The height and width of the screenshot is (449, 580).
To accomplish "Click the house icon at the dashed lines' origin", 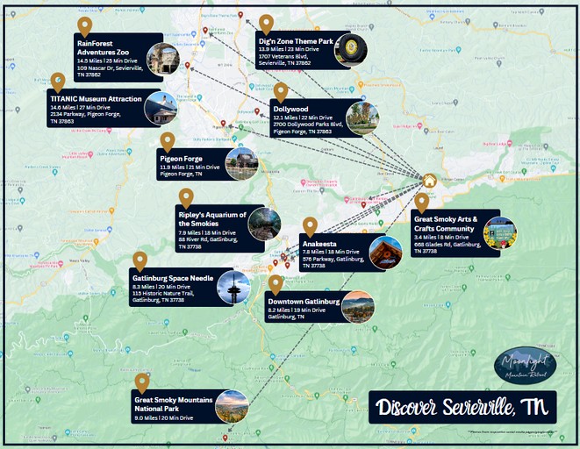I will tap(429, 181).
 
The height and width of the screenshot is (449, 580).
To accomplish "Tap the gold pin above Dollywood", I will tap(281, 91).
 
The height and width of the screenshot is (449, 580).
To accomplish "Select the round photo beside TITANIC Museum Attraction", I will tap(159, 108).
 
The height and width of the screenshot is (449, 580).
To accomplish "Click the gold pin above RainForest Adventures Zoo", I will tap(85, 25).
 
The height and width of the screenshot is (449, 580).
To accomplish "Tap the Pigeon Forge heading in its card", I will tap(182, 159).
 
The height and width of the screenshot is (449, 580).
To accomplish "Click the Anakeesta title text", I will tap(319, 243).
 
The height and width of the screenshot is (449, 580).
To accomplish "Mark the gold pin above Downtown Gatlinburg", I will tap(276, 284).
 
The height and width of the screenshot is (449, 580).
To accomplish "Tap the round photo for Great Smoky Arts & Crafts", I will tap(499, 233).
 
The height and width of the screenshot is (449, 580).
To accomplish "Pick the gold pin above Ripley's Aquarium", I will tap(186, 197).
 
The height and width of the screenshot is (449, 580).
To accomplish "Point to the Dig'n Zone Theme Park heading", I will tap(295, 41).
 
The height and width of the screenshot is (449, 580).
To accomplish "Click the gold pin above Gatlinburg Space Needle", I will tap(140, 260).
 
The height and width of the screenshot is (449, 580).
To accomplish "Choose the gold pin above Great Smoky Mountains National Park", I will tap(142, 382).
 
